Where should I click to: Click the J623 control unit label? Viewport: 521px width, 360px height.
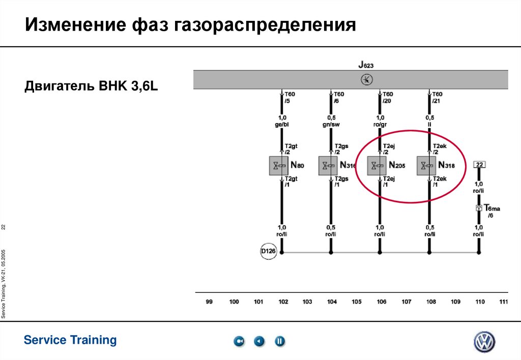366,65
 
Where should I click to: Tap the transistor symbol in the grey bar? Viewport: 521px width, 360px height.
366,79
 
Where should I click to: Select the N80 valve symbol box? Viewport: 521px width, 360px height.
279,165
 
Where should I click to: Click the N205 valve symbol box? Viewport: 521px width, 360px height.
378,165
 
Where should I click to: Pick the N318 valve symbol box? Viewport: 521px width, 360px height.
427,165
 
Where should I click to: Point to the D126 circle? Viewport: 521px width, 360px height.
268,251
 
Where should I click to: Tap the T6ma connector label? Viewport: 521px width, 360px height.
491,208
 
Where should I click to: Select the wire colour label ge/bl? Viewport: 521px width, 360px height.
282,124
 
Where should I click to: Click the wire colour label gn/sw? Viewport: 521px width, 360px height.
332,124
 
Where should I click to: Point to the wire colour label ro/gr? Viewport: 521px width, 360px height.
381,124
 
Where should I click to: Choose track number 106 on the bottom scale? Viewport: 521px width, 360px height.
381,302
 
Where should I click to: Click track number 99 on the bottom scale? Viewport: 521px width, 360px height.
209,302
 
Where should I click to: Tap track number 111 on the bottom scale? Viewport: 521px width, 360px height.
503,302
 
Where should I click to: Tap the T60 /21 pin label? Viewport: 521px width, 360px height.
437,97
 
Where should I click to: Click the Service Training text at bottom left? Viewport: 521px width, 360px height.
70,340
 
